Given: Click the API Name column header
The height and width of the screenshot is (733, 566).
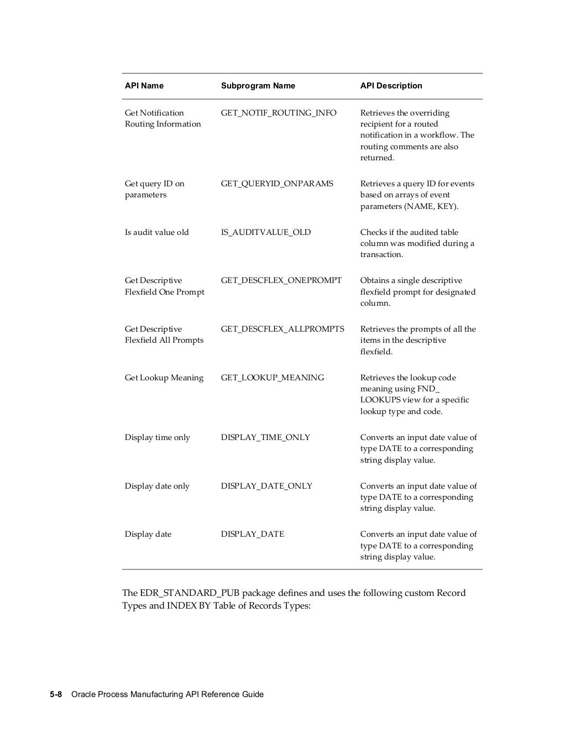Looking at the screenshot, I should [x=144, y=86].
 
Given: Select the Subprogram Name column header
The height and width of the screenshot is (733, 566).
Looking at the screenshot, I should [x=258, y=86].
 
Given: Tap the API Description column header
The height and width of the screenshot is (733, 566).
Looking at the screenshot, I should [x=391, y=86].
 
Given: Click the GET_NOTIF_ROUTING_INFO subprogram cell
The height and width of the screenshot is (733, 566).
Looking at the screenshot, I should [x=279, y=113].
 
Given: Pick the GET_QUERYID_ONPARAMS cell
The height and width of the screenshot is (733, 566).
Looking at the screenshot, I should [x=277, y=184].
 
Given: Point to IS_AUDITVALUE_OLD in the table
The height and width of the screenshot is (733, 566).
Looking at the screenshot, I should [x=266, y=232].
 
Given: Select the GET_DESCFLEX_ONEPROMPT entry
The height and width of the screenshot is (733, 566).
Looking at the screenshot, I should [x=281, y=280].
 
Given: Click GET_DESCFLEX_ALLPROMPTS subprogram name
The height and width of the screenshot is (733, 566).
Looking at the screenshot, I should [x=282, y=329].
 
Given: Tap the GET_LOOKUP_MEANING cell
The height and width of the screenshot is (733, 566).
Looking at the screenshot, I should [x=272, y=378].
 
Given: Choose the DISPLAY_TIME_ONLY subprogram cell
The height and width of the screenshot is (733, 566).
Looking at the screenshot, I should [x=265, y=437].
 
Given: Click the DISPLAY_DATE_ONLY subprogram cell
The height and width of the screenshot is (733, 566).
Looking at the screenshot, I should [x=266, y=486].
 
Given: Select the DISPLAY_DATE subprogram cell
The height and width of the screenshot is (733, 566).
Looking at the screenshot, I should [x=253, y=534].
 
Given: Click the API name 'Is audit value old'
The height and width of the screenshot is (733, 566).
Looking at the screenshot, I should [x=157, y=232].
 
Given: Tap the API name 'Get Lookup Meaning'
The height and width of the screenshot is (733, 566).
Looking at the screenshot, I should [x=164, y=378].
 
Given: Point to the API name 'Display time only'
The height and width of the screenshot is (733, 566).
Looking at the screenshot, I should [x=158, y=437].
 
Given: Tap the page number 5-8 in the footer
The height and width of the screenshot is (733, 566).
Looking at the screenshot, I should [x=56, y=694].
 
